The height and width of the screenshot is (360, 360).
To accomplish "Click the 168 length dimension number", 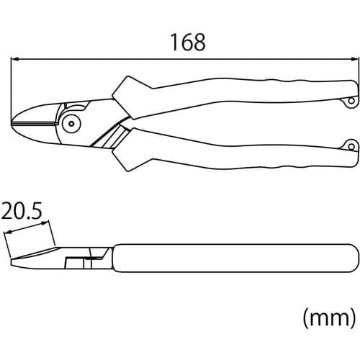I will coord(188,42).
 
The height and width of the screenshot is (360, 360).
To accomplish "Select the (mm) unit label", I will coord(328,315).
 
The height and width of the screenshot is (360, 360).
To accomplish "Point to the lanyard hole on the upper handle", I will coord(351,99).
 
